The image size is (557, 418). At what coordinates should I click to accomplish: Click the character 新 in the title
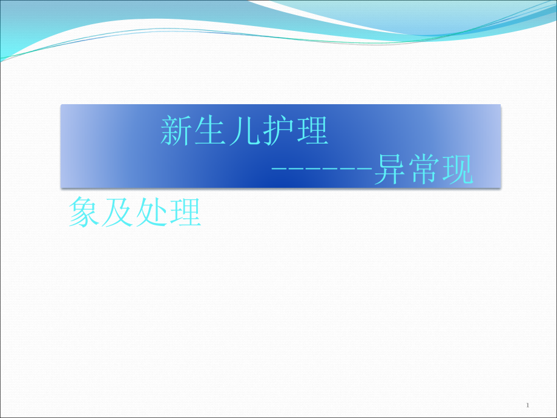(x=177, y=131)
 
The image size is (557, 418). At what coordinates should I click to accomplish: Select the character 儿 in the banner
(x=244, y=131)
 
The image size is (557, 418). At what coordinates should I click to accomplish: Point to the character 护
(x=278, y=131)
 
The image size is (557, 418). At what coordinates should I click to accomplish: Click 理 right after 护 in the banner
(x=311, y=131)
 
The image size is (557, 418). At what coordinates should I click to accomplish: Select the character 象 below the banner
(x=84, y=213)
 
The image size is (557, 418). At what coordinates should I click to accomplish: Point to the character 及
(x=117, y=213)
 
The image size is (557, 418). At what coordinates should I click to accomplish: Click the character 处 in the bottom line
(x=151, y=213)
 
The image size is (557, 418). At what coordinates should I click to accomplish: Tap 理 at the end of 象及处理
(x=185, y=213)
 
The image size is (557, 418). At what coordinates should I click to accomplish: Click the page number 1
(x=528, y=405)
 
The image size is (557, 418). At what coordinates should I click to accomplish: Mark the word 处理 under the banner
(x=168, y=213)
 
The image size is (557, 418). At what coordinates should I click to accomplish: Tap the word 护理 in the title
(x=295, y=131)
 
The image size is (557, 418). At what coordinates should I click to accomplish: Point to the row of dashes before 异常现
(x=321, y=173)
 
